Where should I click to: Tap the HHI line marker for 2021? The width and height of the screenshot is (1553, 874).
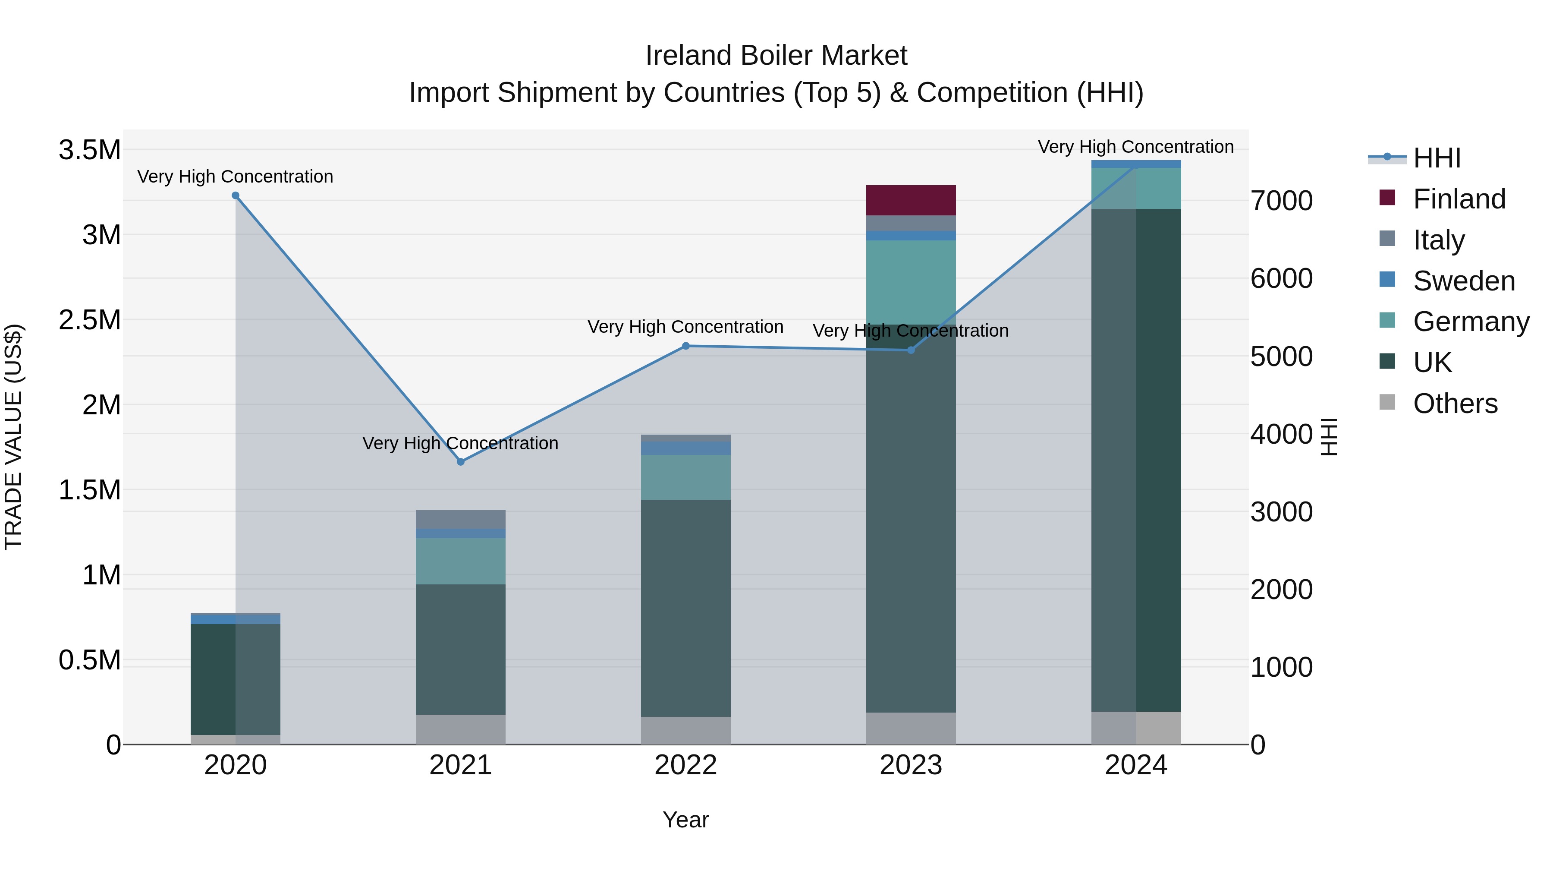461,462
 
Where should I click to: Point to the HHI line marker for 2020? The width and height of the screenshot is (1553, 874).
236,196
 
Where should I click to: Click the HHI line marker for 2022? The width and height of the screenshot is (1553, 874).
685,346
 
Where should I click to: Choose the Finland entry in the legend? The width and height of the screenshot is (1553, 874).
1459,199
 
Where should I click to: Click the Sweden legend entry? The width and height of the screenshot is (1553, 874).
1463,281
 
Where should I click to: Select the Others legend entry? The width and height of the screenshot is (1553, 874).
1455,404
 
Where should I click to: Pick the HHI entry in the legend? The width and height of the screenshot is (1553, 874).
1436,158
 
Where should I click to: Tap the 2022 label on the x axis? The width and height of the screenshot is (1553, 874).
685,765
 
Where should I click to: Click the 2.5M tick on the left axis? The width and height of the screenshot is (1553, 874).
89,320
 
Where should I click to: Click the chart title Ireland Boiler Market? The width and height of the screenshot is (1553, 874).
776,56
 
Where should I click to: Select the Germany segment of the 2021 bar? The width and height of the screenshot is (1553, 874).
461,561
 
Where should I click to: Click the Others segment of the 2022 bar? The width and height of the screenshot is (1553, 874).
685,730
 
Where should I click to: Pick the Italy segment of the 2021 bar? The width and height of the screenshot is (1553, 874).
461,519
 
